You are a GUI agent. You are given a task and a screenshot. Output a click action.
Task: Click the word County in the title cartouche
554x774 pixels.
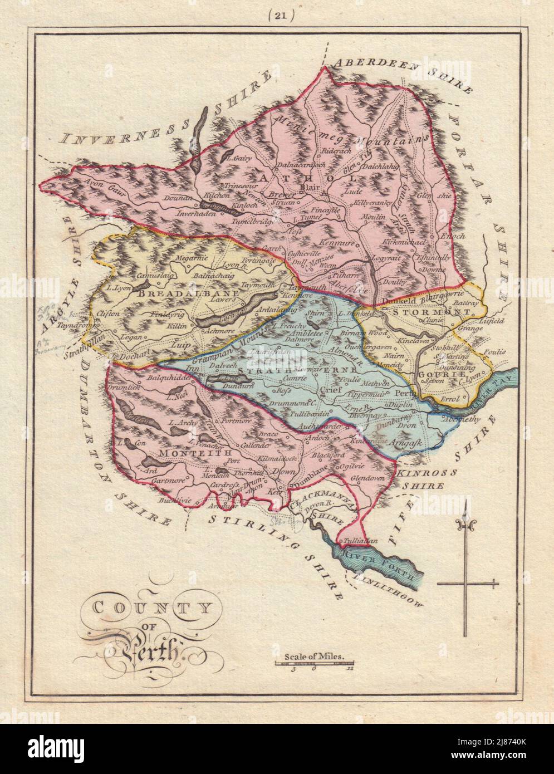[148, 606]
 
